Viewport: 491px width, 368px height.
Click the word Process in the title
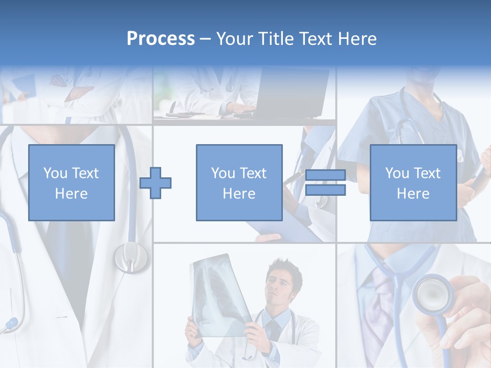pyautogui.click(x=161, y=39)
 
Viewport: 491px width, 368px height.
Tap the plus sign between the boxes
pyautogui.click(x=155, y=182)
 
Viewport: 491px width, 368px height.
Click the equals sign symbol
pyautogui.click(x=325, y=182)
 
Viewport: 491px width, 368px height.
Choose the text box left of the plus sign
pyautogui.click(x=72, y=182)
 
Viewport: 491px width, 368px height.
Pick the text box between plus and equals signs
pyautogui.click(x=239, y=182)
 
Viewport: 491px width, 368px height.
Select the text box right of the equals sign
pyautogui.click(x=413, y=182)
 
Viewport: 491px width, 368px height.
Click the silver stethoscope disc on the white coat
pyautogui.click(x=130, y=257)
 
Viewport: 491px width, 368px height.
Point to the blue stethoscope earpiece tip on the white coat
pyautogui.click(x=10, y=324)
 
